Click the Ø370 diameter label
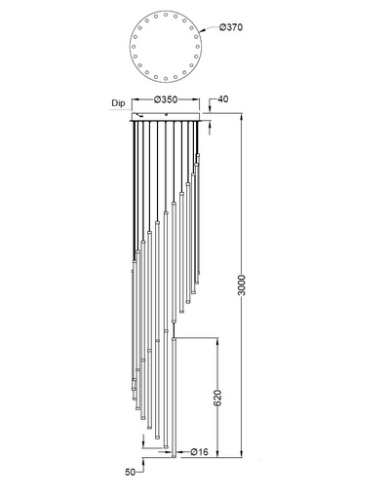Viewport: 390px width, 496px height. [x=231, y=27]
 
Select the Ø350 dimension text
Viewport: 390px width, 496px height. [x=166, y=99]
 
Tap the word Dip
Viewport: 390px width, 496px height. [x=118, y=103]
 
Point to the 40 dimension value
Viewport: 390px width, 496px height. [x=222, y=98]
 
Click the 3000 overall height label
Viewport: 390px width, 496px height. [x=242, y=285]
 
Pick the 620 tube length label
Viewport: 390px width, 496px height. [x=217, y=398]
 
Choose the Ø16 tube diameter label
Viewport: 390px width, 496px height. [x=199, y=451]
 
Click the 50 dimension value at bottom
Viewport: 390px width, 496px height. [x=130, y=472]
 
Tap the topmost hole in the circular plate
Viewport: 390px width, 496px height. [x=166, y=15]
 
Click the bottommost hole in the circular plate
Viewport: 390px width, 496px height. [x=166, y=79]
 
